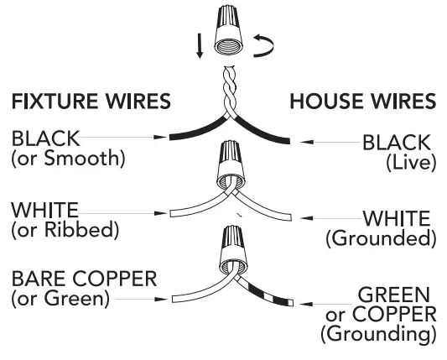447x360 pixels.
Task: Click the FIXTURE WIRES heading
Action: tap(91, 102)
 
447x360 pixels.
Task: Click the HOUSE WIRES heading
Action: tap(362, 102)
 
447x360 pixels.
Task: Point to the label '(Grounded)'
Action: tap(381, 238)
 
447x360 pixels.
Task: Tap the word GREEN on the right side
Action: tap(393, 295)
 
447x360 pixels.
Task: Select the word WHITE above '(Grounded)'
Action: tap(395, 219)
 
